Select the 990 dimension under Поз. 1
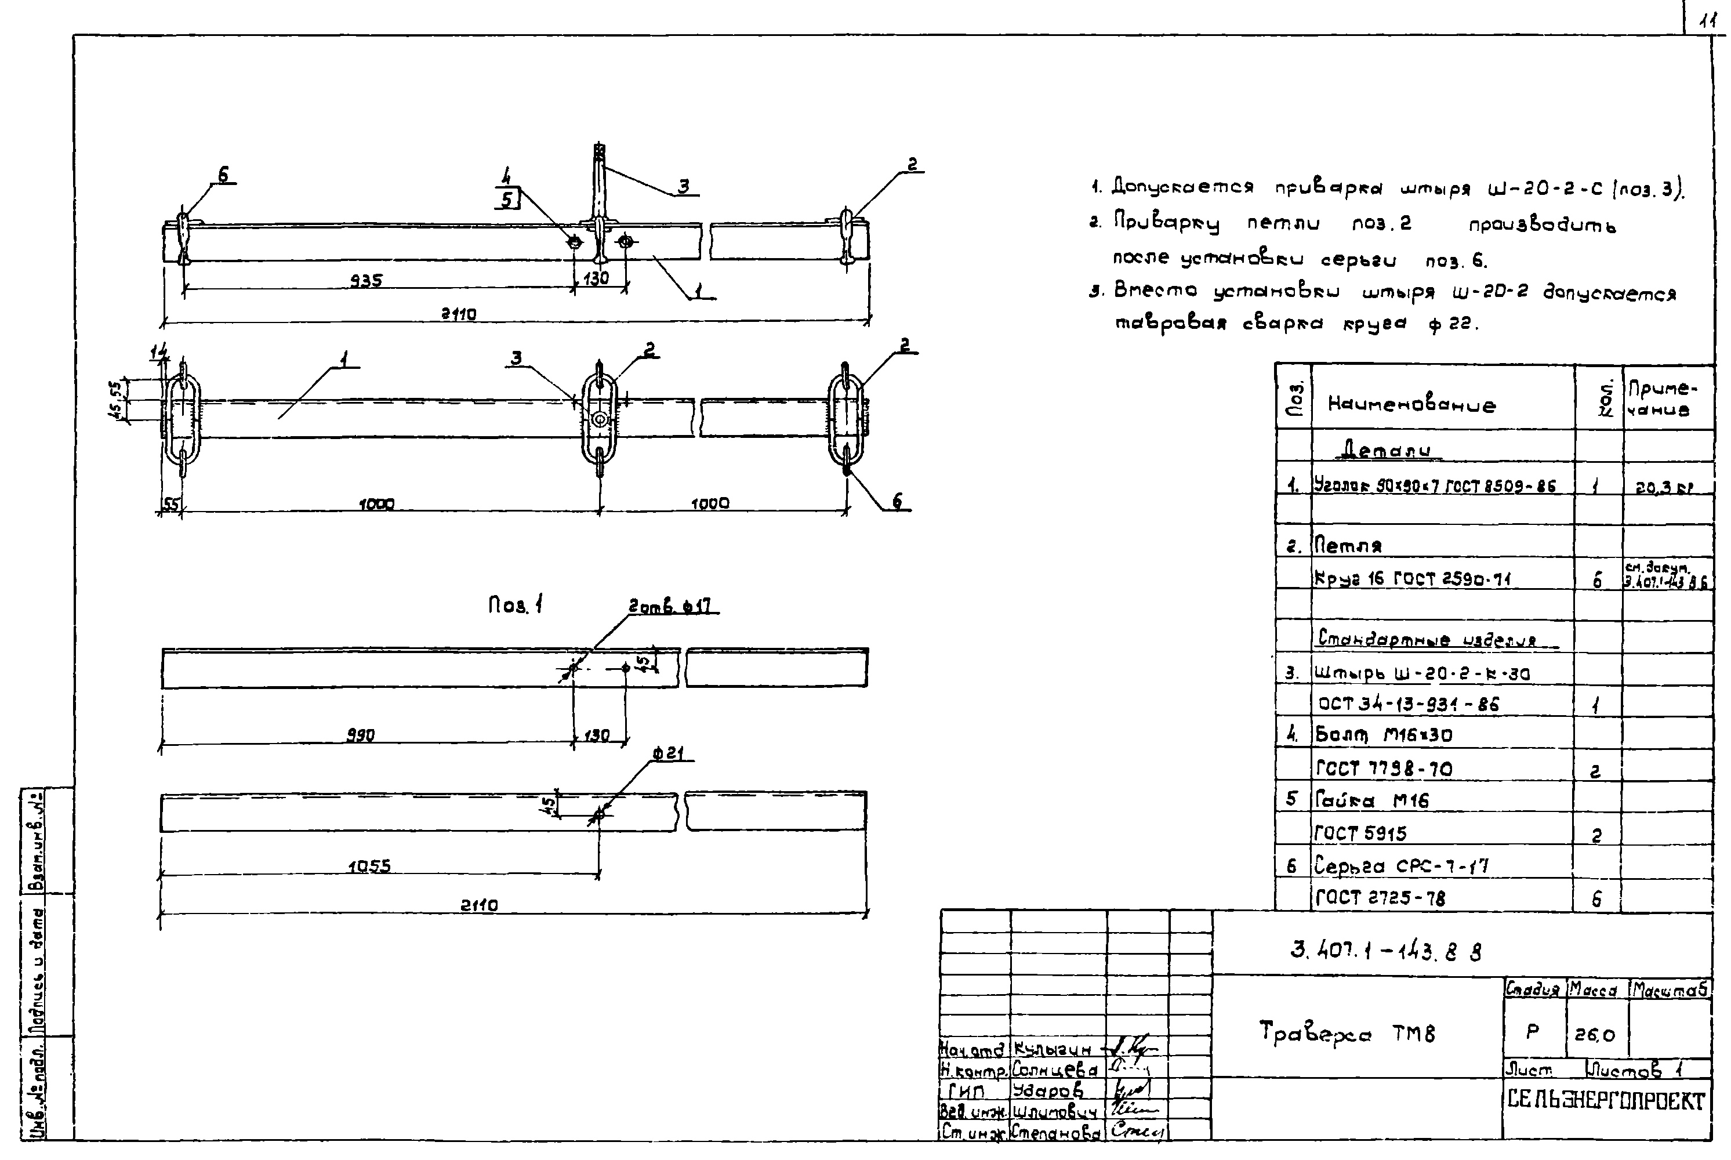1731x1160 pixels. point(361,735)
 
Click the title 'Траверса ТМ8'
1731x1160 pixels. point(1347,1031)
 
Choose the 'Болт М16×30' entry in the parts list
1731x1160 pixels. point(1383,735)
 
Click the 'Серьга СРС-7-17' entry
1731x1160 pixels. point(1401,865)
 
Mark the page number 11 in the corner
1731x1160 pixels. point(1707,22)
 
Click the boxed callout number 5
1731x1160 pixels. point(506,198)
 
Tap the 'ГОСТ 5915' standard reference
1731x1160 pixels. point(1360,833)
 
